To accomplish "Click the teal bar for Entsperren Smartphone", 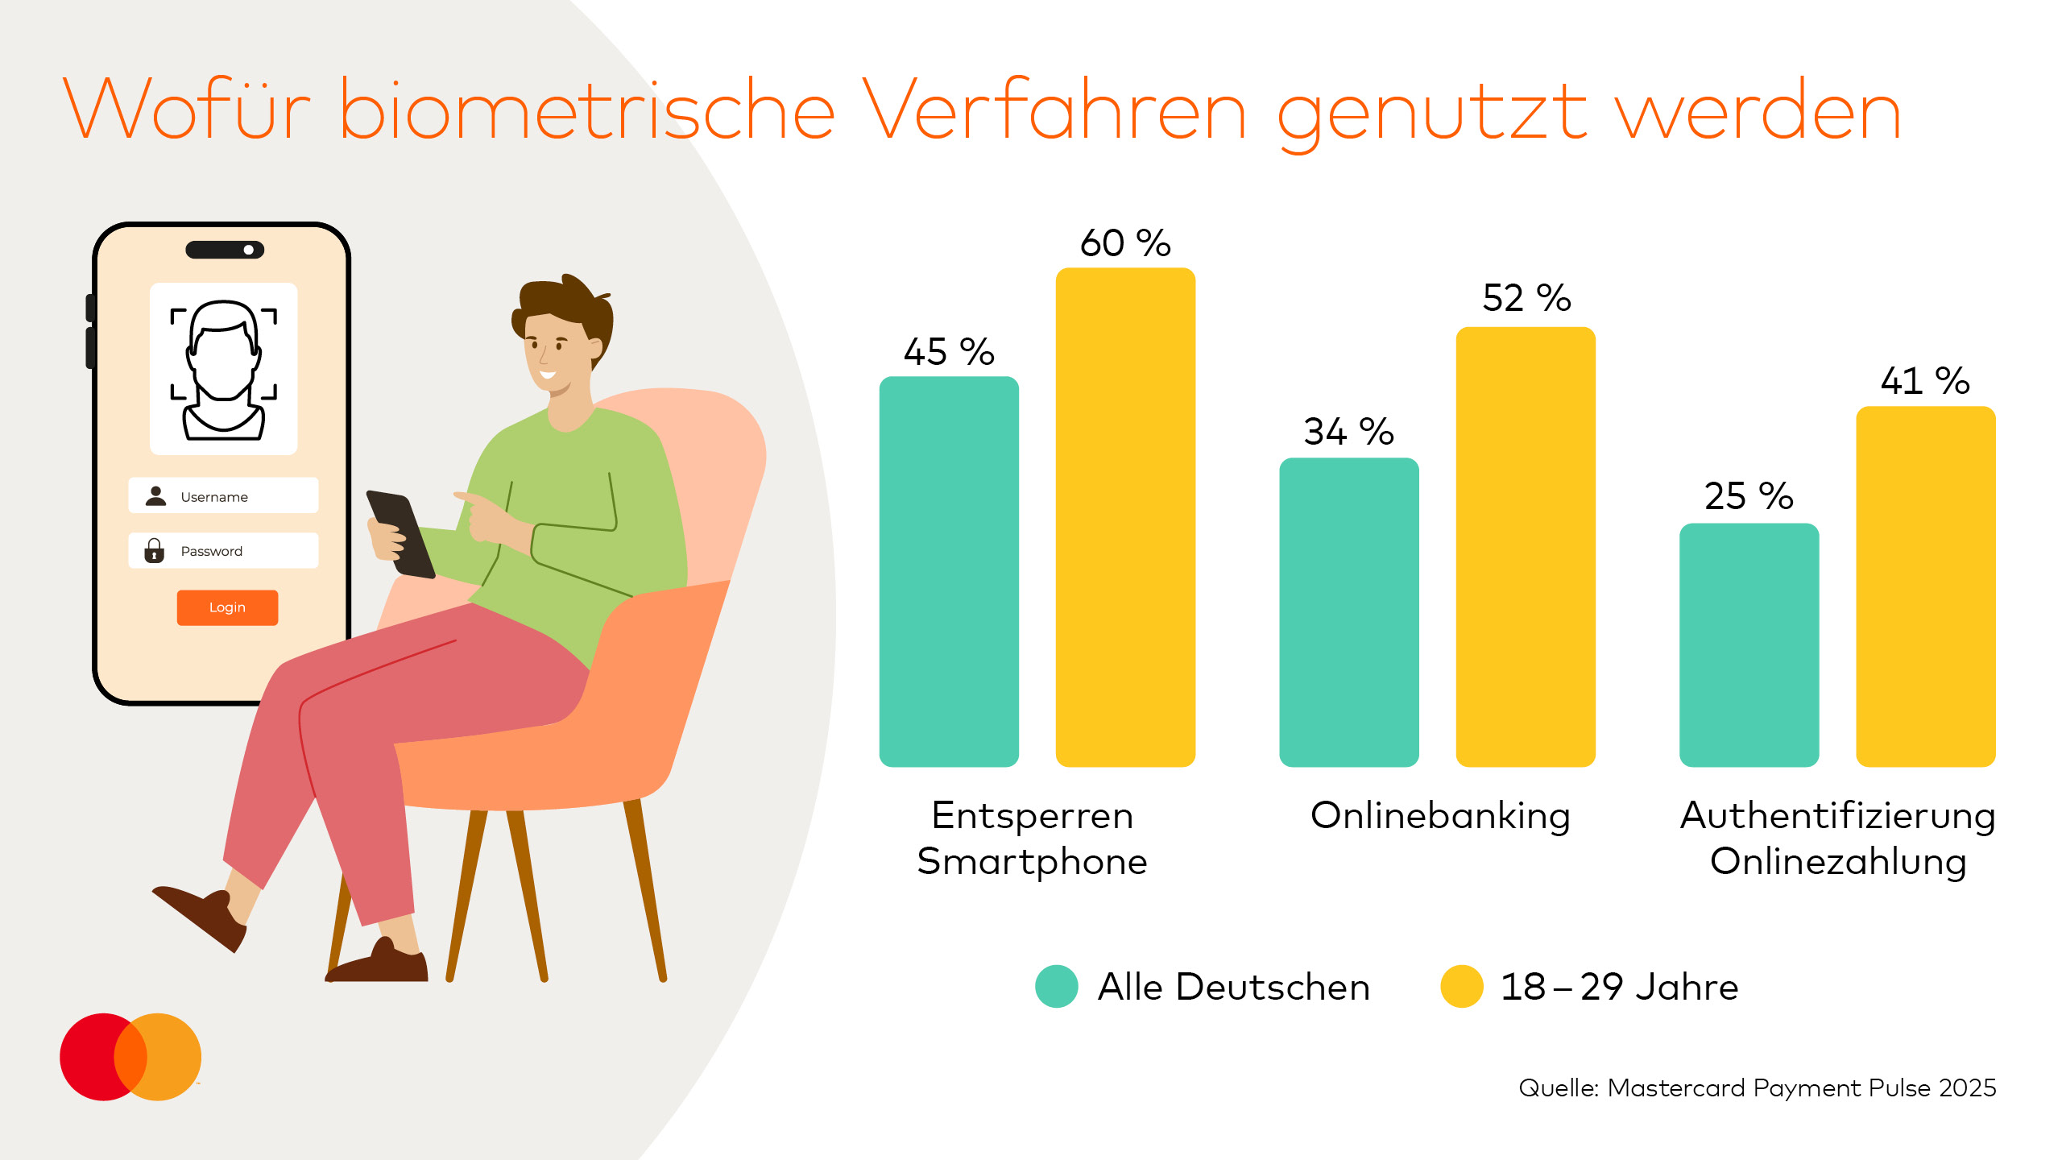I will (x=949, y=572).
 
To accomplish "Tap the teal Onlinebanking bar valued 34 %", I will (x=1348, y=612).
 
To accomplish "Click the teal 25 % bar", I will (x=1749, y=644).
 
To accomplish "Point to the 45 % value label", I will (x=949, y=352).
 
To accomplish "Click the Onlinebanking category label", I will (x=1440, y=815).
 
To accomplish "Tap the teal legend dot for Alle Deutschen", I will (x=1056, y=986).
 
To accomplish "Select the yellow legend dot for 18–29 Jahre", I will (x=1461, y=986).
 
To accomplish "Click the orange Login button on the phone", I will (x=227, y=607).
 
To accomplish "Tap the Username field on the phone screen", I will (x=223, y=496).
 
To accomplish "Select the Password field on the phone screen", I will (x=223, y=551).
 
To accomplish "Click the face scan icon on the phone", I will (x=223, y=369).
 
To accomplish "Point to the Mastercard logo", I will (x=130, y=1056).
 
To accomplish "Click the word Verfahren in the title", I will (x=1054, y=111).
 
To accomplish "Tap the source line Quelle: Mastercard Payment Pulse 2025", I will (x=1757, y=1087).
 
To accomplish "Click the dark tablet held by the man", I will (x=400, y=533).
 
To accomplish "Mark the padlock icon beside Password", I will (x=154, y=551).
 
